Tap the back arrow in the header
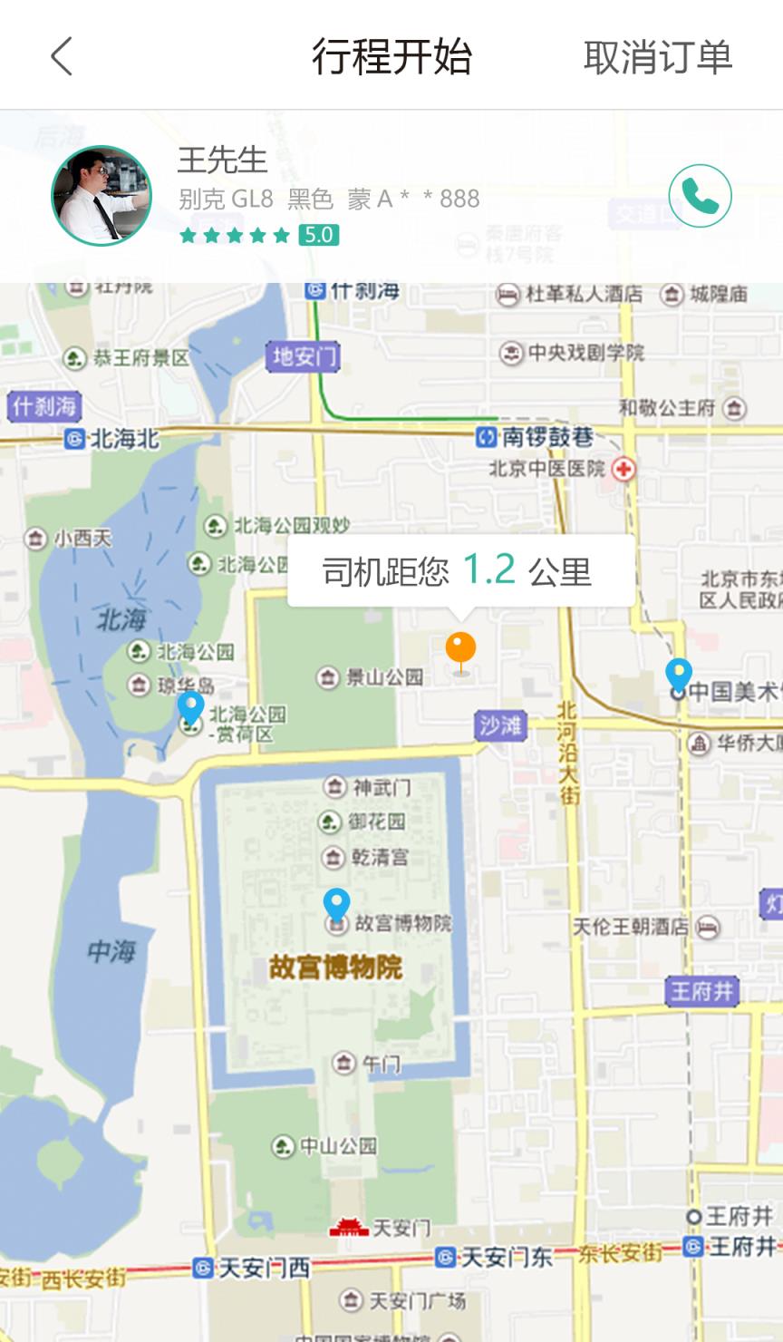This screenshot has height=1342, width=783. click(62, 56)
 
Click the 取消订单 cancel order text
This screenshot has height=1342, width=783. click(657, 57)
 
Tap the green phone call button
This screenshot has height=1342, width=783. click(700, 196)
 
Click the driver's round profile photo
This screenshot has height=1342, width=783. click(101, 196)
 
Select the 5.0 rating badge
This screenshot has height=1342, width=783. click(318, 236)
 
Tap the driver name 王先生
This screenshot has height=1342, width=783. click(222, 160)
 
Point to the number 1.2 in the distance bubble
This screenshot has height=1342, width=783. click(488, 569)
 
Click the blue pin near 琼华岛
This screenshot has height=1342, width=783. click(190, 708)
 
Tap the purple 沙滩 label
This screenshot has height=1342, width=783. click(500, 725)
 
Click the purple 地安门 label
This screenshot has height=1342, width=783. click(304, 356)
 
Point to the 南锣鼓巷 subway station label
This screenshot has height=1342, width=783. click(536, 438)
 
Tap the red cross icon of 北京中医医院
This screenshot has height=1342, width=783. click(623, 469)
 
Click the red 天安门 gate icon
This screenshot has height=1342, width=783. click(348, 1228)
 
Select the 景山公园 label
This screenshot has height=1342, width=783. click(372, 676)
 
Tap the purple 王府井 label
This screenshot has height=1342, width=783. click(702, 991)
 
